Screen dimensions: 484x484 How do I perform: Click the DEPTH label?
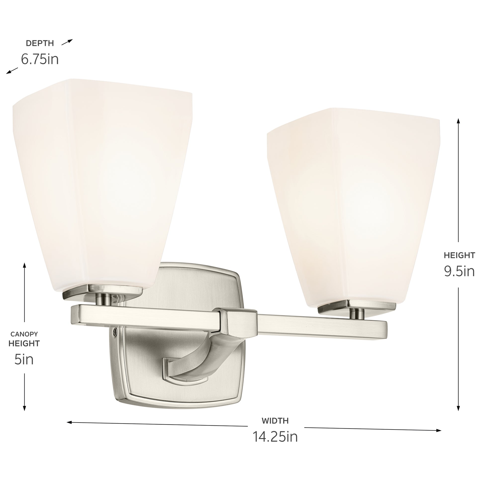click(x=40, y=43)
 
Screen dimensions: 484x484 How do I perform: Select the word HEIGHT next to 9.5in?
click(x=459, y=255)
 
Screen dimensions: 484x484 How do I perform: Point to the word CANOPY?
click(x=24, y=334)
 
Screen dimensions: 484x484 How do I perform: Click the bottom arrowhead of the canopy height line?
click(x=24, y=410)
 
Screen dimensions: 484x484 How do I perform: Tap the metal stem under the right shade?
click(x=357, y=313)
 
